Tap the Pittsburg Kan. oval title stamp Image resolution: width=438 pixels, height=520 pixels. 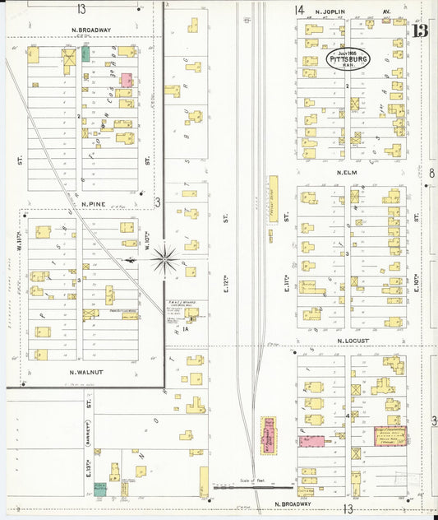point(348,58)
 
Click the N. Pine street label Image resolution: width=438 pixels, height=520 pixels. point(95,202)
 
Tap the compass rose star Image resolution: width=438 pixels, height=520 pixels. point(165,260)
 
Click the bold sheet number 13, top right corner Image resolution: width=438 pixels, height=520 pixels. point(420,31)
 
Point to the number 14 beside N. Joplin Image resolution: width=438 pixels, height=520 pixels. point(299,10)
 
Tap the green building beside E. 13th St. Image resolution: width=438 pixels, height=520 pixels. point(99,488)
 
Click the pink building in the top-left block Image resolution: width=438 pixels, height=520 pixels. point(127,80)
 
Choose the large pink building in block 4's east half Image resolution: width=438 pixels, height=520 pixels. point(390,436)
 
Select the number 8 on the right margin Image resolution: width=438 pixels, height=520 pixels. point(431,173)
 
